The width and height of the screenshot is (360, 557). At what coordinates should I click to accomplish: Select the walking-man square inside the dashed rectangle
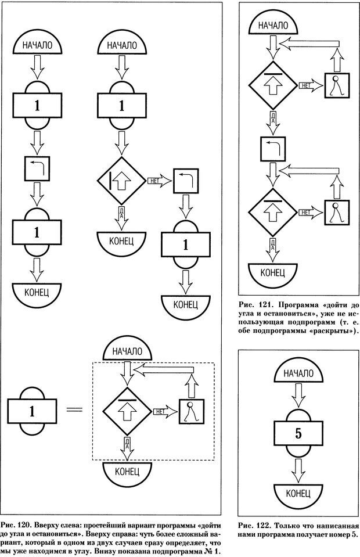coord(191,412)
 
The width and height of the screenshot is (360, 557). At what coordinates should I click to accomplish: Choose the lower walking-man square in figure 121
coord(336,211)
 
